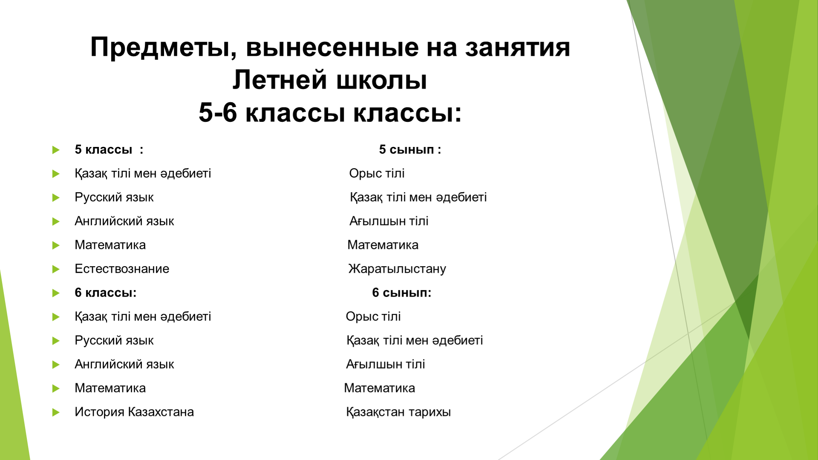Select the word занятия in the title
point(518,47)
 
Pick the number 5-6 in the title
point(217,113)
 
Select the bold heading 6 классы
point(106,293)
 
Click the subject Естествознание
point(122,269)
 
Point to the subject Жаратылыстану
point(397,269)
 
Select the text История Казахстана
point(134,412)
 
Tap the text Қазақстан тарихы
point(398,412)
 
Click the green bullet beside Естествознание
point(56,269)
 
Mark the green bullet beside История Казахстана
point(56,412)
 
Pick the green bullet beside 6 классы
point(56,293)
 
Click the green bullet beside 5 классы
point(56,150)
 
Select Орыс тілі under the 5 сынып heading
point(377,174)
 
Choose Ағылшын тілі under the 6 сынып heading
point(386,365)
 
